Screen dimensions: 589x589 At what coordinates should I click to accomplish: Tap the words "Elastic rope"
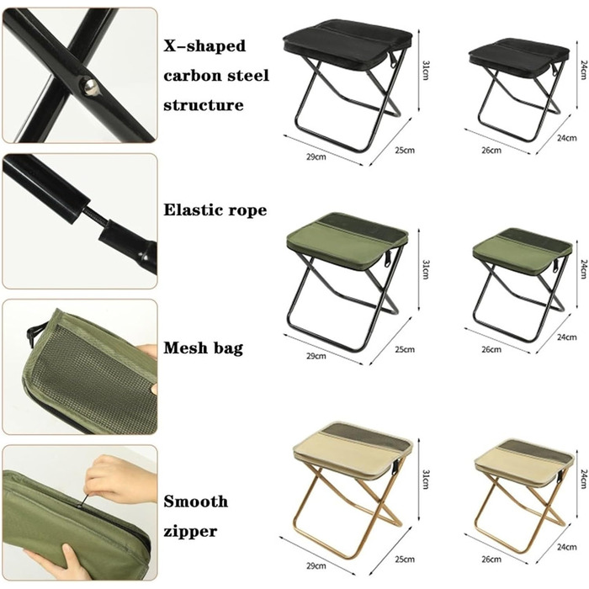pyautogui.click(x=215, y=210)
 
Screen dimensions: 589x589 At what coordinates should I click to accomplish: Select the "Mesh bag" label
pyautogui.click(x=204, y=348)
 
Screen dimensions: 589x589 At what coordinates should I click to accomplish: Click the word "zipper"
pyautogui.click(x=190, y=532)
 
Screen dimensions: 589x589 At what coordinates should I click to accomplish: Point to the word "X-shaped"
pyautogui.click(x=204, y=45)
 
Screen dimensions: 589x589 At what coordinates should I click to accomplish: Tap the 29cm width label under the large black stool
pyautogui.click(x=316, y=157)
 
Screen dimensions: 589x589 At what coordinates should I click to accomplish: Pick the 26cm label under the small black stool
pyautogui.click(x=491, y=151)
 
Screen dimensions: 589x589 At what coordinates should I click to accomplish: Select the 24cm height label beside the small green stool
pyautogui.click(x=583, y=269)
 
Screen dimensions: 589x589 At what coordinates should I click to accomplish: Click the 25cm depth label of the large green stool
pyautogui.click(x=405, y=349)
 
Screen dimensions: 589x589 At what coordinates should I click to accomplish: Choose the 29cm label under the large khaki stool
pyautogui.click(x=316, y=565)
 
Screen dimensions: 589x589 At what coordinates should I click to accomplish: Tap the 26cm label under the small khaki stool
pyautogui.click(x=491, y=560)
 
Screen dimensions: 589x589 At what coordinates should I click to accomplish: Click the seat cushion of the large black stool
pyautogui.click(x=348, y=45)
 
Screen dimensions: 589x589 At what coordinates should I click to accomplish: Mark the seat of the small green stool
pyautogui.click(x=523, y=249)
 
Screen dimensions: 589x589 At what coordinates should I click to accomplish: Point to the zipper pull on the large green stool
pyautogui.click(x=388, y=259)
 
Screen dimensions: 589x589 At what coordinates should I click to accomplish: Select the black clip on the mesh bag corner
pyautogui.click(x=31, y=335)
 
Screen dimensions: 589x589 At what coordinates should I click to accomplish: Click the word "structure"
pyautogui.click(x=204, y=105)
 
